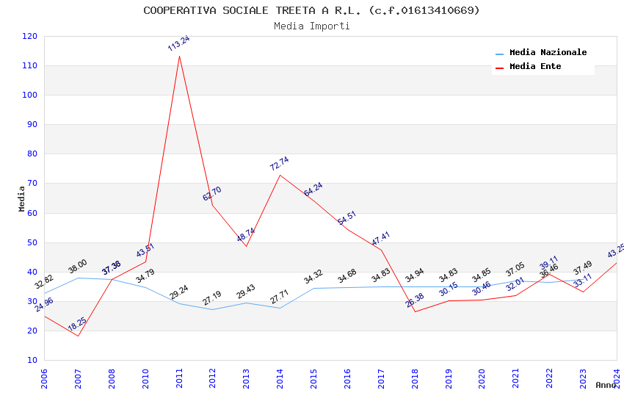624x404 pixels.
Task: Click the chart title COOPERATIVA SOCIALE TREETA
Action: point(311,10)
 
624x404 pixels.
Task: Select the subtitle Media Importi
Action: point(311,26)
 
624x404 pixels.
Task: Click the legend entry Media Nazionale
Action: point(548,53)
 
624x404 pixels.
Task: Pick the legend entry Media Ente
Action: point(535,66)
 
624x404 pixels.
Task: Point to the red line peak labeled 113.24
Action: point(179,56)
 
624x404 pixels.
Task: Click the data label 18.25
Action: point(77,323)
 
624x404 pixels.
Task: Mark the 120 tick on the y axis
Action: point(29,36)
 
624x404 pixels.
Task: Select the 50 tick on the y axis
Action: point(29,242)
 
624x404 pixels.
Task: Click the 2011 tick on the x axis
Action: point(179,378)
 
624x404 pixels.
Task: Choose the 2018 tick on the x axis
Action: point(415,378)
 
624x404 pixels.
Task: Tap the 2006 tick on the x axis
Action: point(44,378)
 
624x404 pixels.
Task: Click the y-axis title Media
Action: point(22,198)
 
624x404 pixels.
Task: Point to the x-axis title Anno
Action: point(606,385)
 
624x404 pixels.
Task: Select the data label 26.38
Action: point(415,300)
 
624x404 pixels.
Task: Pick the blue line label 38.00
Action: point(77,266)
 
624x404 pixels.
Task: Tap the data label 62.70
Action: point(212,194)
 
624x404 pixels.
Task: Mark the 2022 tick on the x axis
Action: point(549,378)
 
